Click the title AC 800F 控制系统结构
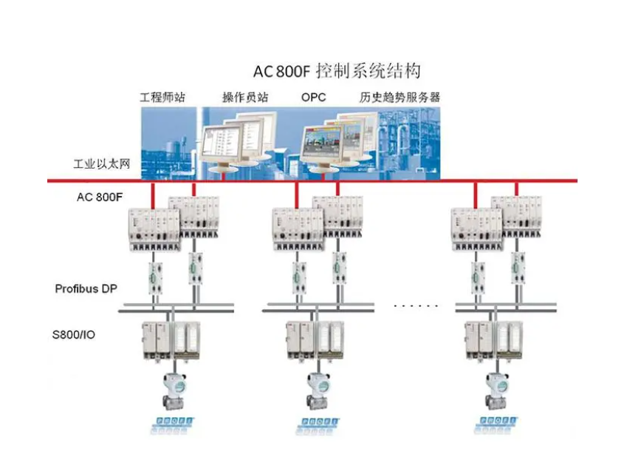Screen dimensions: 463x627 337,71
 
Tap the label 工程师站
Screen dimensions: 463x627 162,97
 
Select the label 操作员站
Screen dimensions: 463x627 245,97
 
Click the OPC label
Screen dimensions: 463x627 313,97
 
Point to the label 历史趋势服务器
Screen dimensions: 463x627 400,97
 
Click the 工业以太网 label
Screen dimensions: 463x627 102,164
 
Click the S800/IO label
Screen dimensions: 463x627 74,334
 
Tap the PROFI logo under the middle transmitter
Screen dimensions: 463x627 318,424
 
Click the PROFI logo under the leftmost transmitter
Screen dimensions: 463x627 175,424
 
